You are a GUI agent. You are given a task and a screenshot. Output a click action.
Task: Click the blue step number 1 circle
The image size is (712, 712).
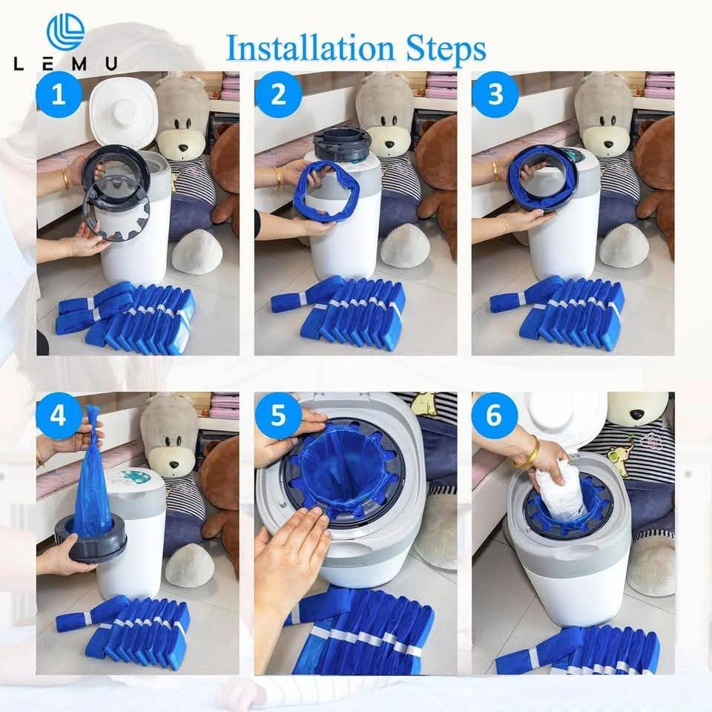(x=59, y=95)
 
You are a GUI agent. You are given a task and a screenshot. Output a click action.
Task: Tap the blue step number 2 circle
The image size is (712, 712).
(x=278, y=94)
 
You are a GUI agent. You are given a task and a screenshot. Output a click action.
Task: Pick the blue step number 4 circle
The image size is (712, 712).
(x=58, y=415)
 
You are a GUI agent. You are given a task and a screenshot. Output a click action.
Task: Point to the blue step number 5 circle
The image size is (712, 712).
(x=278, y=415)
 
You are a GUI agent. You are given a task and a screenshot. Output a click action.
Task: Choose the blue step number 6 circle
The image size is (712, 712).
(x=495, y=415)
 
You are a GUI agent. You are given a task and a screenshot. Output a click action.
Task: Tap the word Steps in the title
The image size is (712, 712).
(x=446, y=49)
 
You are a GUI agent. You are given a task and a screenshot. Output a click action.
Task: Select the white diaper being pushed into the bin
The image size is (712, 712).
(x=558, y=491)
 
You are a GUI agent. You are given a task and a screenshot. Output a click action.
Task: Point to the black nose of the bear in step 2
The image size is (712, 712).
(x=389, y=145)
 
